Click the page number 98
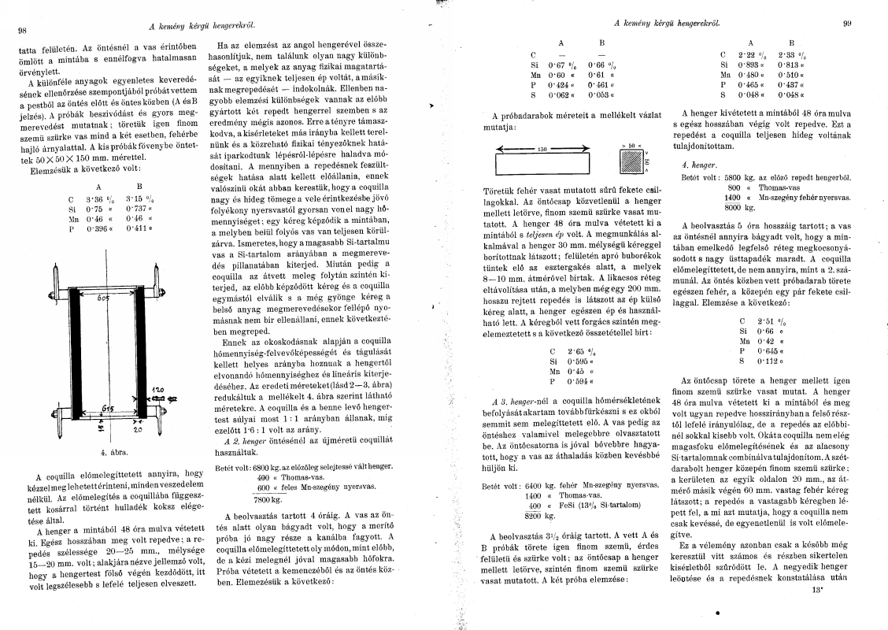(x=22, y=31)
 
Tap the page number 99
(x=847, y=24)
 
